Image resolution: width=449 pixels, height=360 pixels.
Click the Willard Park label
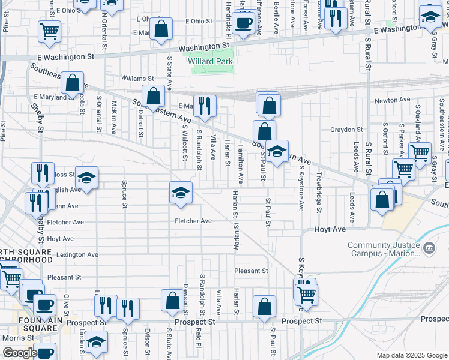pos(209,61)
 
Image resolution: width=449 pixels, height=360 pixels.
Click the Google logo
pos(20,353)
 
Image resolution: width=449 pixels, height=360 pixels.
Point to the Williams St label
pos(137,79)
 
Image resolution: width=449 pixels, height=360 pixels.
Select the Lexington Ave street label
pos(77,255)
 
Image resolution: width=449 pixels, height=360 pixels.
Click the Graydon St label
pos(344,130)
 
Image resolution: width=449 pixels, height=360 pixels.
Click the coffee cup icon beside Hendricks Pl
pos(243,23)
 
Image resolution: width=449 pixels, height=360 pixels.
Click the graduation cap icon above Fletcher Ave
pos(181,193)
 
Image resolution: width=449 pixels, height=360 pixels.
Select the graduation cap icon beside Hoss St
pos(87,178)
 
